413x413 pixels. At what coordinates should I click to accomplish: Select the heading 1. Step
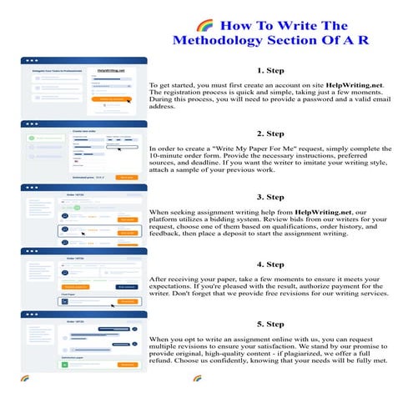(271, 71)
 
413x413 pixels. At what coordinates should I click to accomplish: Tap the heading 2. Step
(271, 133)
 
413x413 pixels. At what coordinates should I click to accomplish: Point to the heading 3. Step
(271, 197)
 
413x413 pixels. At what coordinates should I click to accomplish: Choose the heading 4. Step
(271, 264)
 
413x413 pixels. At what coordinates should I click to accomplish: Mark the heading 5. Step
(271, 324)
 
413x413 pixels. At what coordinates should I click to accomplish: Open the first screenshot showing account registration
(83, 88)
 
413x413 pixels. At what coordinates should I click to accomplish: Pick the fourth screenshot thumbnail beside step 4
(83, 278)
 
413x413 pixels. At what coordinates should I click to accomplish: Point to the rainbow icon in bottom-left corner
(25, 378)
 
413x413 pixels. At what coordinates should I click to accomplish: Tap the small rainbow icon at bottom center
(197, 378)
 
